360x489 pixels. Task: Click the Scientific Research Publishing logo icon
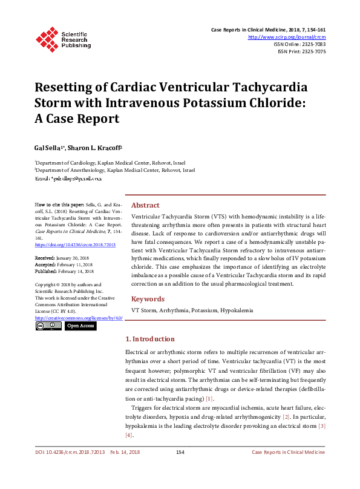(x=47, y=38)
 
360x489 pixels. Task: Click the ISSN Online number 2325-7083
(x=313, y=44)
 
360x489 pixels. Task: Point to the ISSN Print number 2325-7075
(x=313, y=51)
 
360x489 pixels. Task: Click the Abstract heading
(x=145, y=205)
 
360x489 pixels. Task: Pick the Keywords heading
(x=148, y=299)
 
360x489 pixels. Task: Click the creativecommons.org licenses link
(x=79, y=318)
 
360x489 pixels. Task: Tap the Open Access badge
(x=80, y=326)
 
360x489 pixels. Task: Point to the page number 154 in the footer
(x=180, y=469)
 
